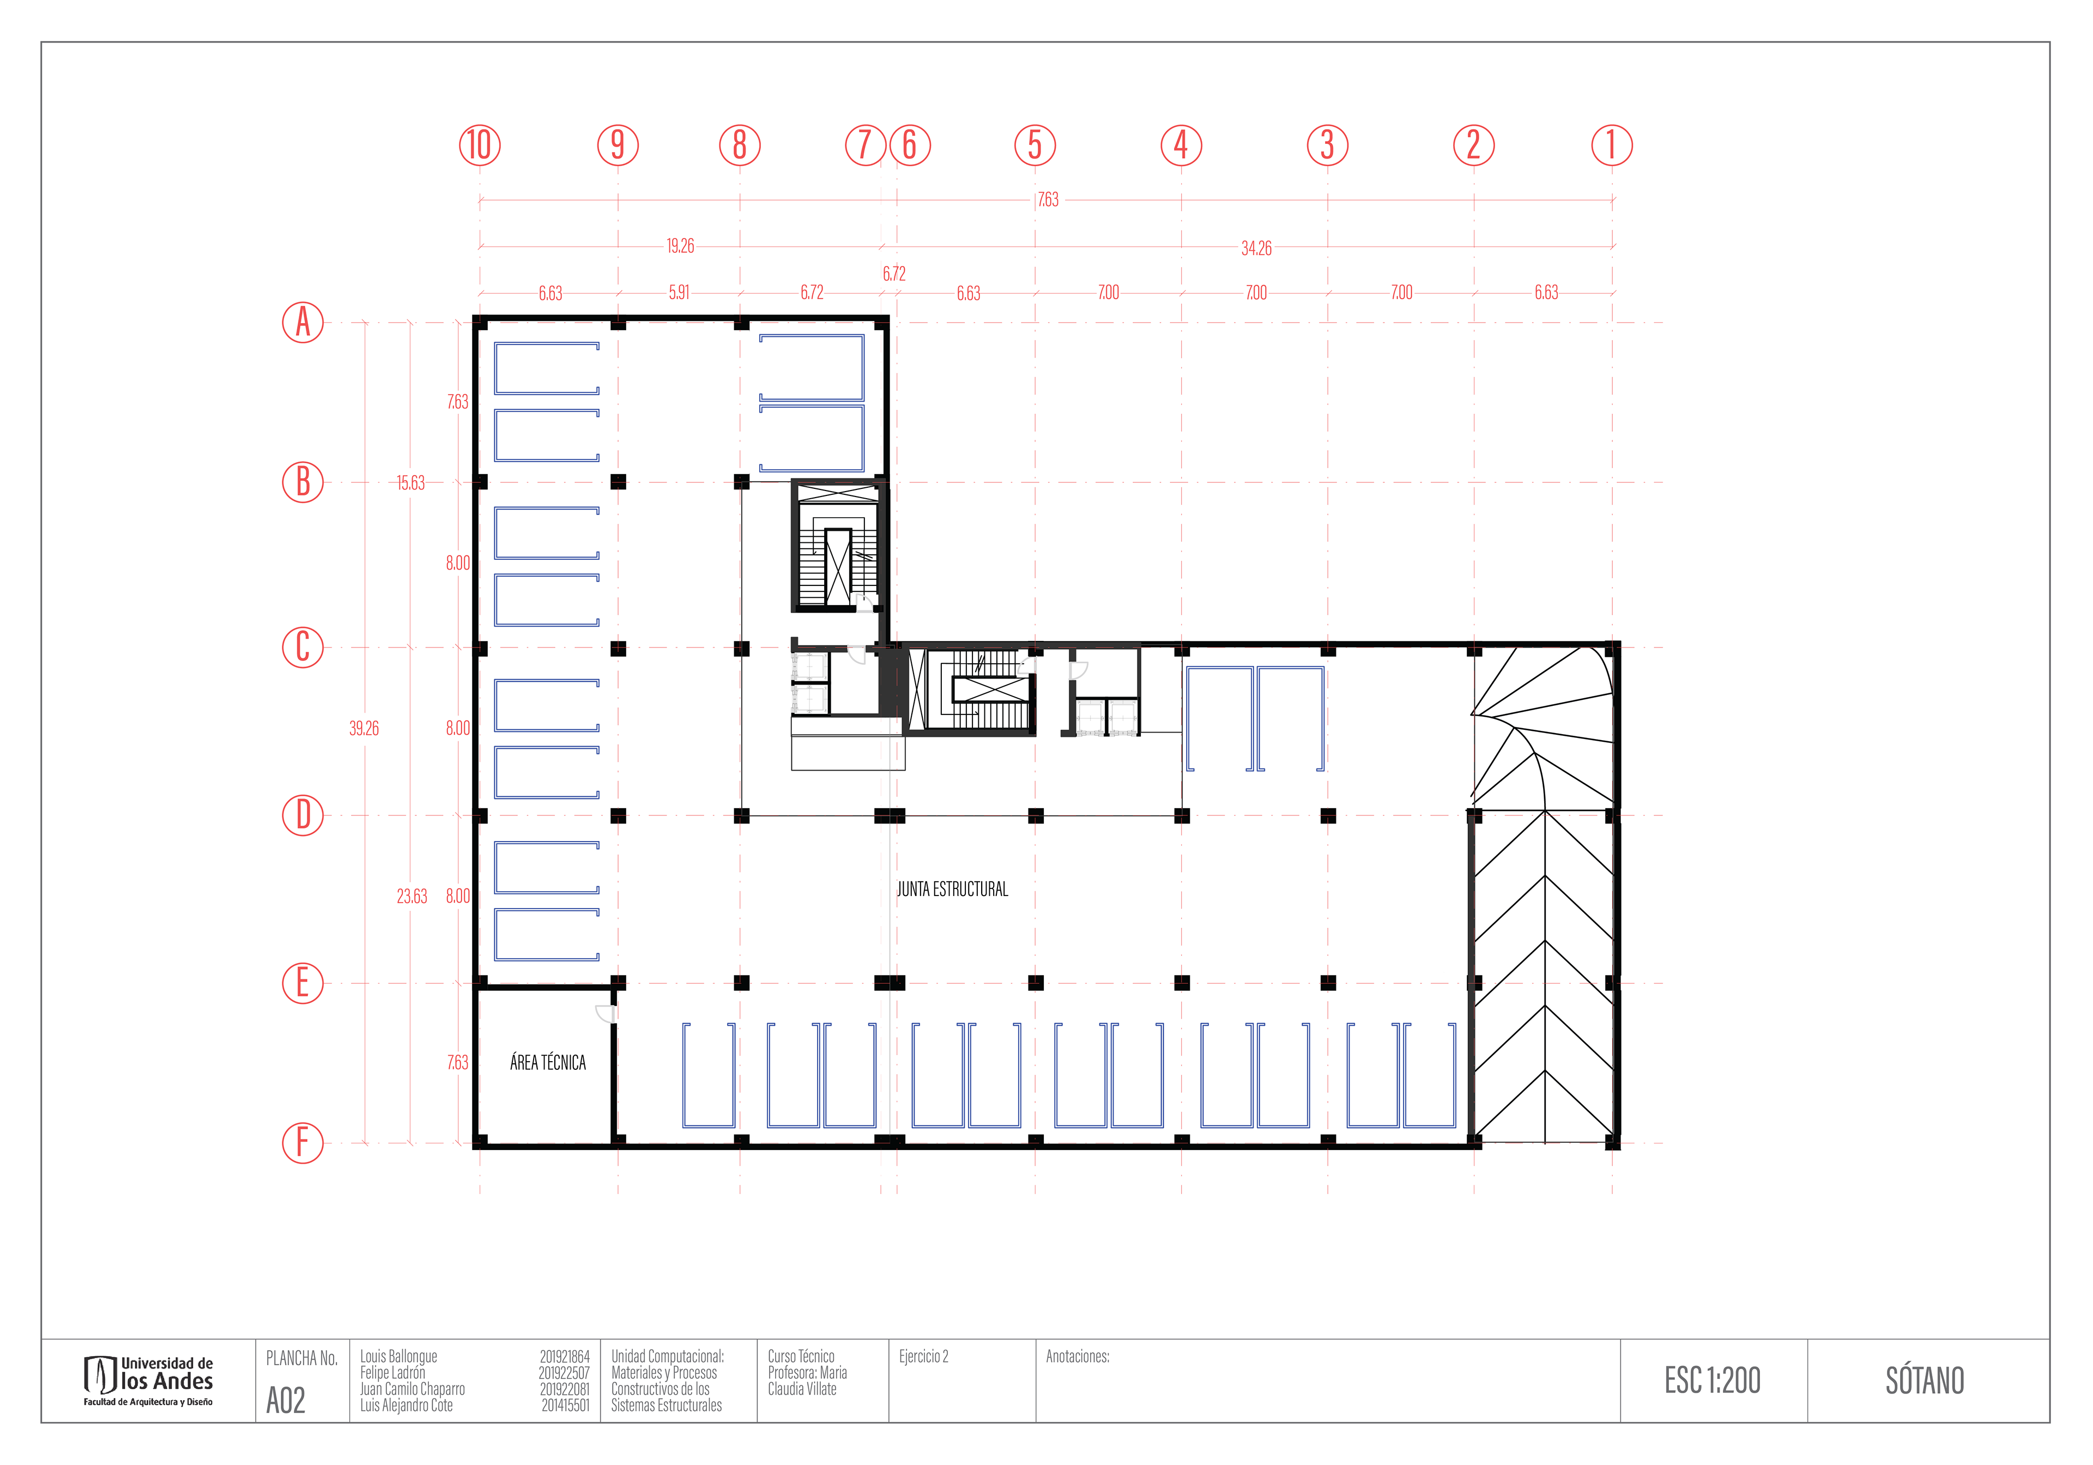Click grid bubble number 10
pos(480,145)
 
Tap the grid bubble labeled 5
pos(1035,145)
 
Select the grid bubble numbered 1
pos(1612,145)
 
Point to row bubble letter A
pos(303,322)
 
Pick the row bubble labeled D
pos(303,815)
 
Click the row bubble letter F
pos(303,1142)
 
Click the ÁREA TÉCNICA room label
pos(548,1062)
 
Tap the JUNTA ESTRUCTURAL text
pos(953,889)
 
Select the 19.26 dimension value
pos(680,246)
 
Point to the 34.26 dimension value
pos(1256,248)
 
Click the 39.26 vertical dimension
pos(364,728)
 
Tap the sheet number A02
pos(285,1400)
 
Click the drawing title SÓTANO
pos(1925,1380)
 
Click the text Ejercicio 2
pos(923,1357)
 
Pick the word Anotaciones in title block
pos(1076,1357)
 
